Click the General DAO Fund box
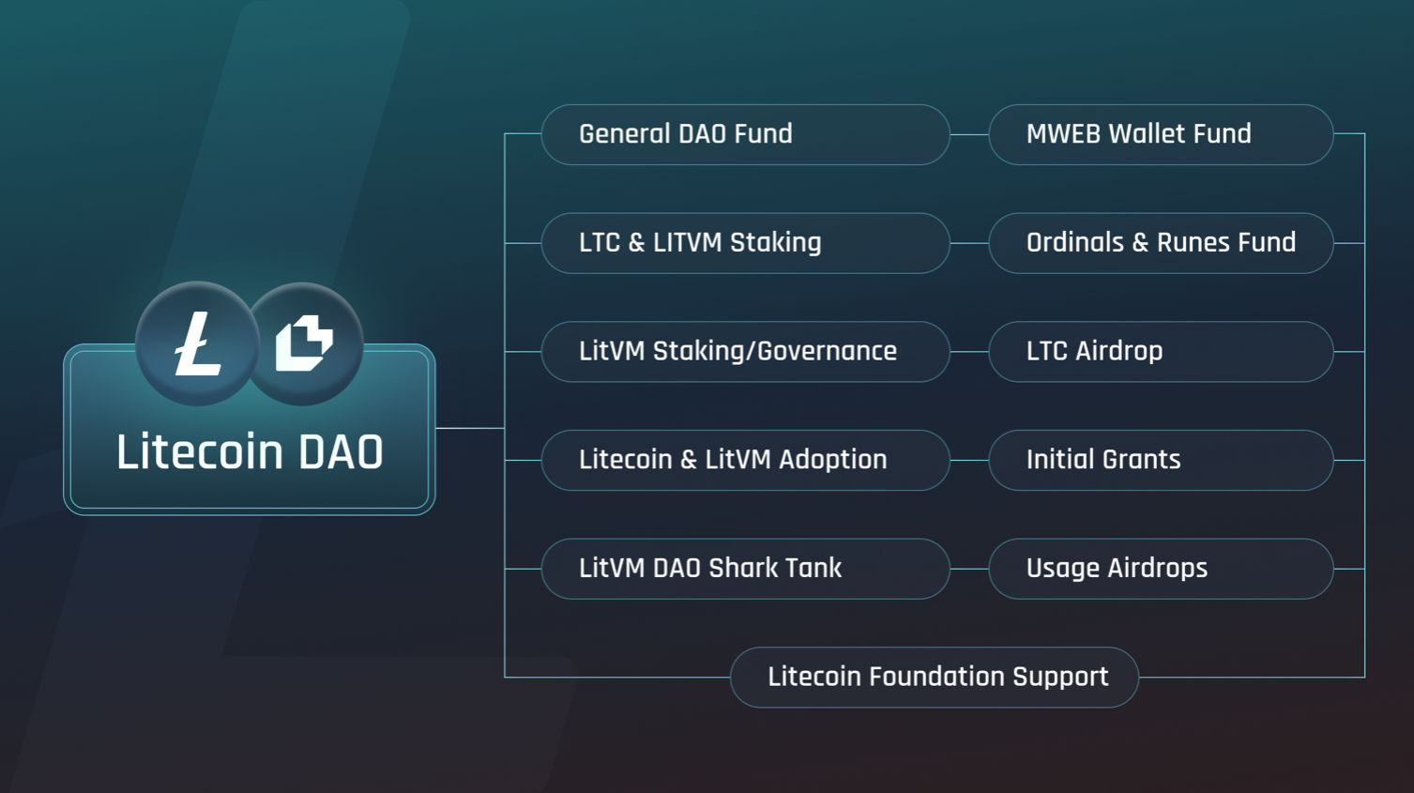tap(745, 134)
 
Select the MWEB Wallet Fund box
tap(1161, 134)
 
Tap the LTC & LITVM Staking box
tap(745, 243)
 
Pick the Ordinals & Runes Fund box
tap(1161, 243)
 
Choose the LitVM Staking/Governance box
tap(745, 352)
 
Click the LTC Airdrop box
tap(1161, 352)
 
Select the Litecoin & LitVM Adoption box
tap(745, 460)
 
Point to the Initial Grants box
tap(1161, 460)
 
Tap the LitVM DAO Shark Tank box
tap(745, 569)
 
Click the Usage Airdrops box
tap(1161, 569)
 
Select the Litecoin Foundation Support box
tap(935, 677)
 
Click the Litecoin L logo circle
tap(197, 343)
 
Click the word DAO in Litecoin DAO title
tap(341, 452)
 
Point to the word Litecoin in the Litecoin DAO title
tap(199, 452)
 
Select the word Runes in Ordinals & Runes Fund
tap(1192, 243)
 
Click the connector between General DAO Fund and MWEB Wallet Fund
tap(969, 134)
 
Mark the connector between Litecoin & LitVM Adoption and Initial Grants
tap(969, 460)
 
